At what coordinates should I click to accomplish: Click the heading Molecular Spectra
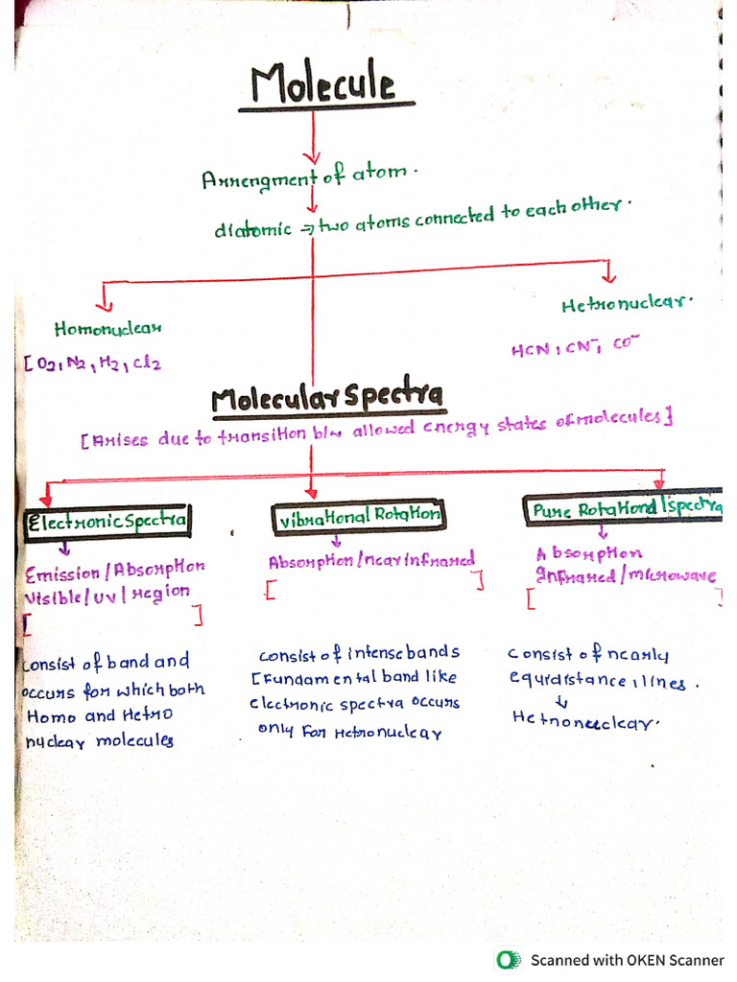click(x=327, y=396)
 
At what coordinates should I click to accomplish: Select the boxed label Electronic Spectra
click(x=107, y=521)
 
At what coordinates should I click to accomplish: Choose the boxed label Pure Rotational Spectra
click(x=623, y=507)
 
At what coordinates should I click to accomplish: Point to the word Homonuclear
click(x=108, y=328)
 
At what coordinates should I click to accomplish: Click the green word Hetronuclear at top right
click(x=627, y=303)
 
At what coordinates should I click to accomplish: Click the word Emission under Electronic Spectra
click(x=63, y=573)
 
